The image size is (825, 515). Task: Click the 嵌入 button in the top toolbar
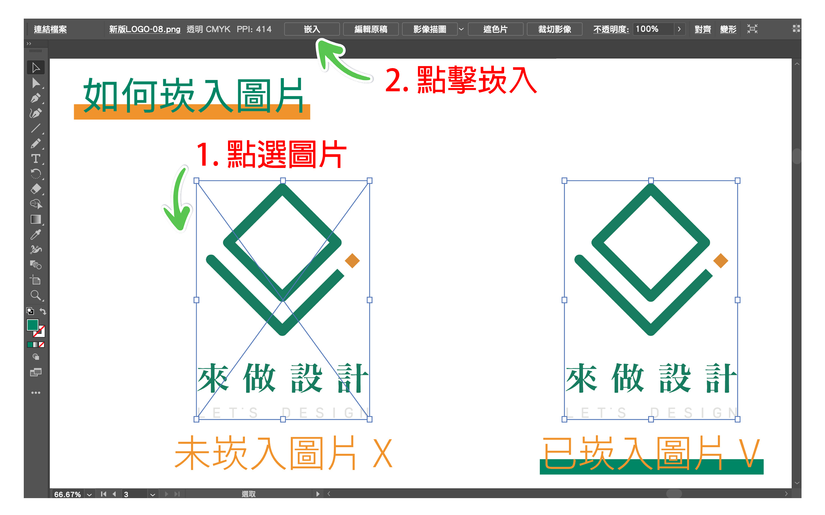coord(312,29)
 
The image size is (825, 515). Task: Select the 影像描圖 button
coord(430,29)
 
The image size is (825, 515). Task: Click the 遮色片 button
coord(495,29)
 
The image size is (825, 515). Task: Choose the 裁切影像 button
coord(554,29)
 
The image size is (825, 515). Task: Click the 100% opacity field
coord(653,29)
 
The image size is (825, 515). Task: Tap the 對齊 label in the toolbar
coord(703,29)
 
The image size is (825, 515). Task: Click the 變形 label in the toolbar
coord(728,29)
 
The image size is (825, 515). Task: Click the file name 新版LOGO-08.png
coord(145,29)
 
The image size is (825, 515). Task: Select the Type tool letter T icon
coord(36,159)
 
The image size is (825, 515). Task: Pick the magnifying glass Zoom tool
coord(36,295)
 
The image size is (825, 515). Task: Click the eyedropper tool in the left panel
coord(36,234)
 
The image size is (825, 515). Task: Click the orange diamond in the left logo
coord(352,261)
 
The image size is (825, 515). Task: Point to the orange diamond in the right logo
coord(721,261)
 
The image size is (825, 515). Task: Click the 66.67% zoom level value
coord(68,494)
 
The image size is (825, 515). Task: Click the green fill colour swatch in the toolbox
coord(32,325)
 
